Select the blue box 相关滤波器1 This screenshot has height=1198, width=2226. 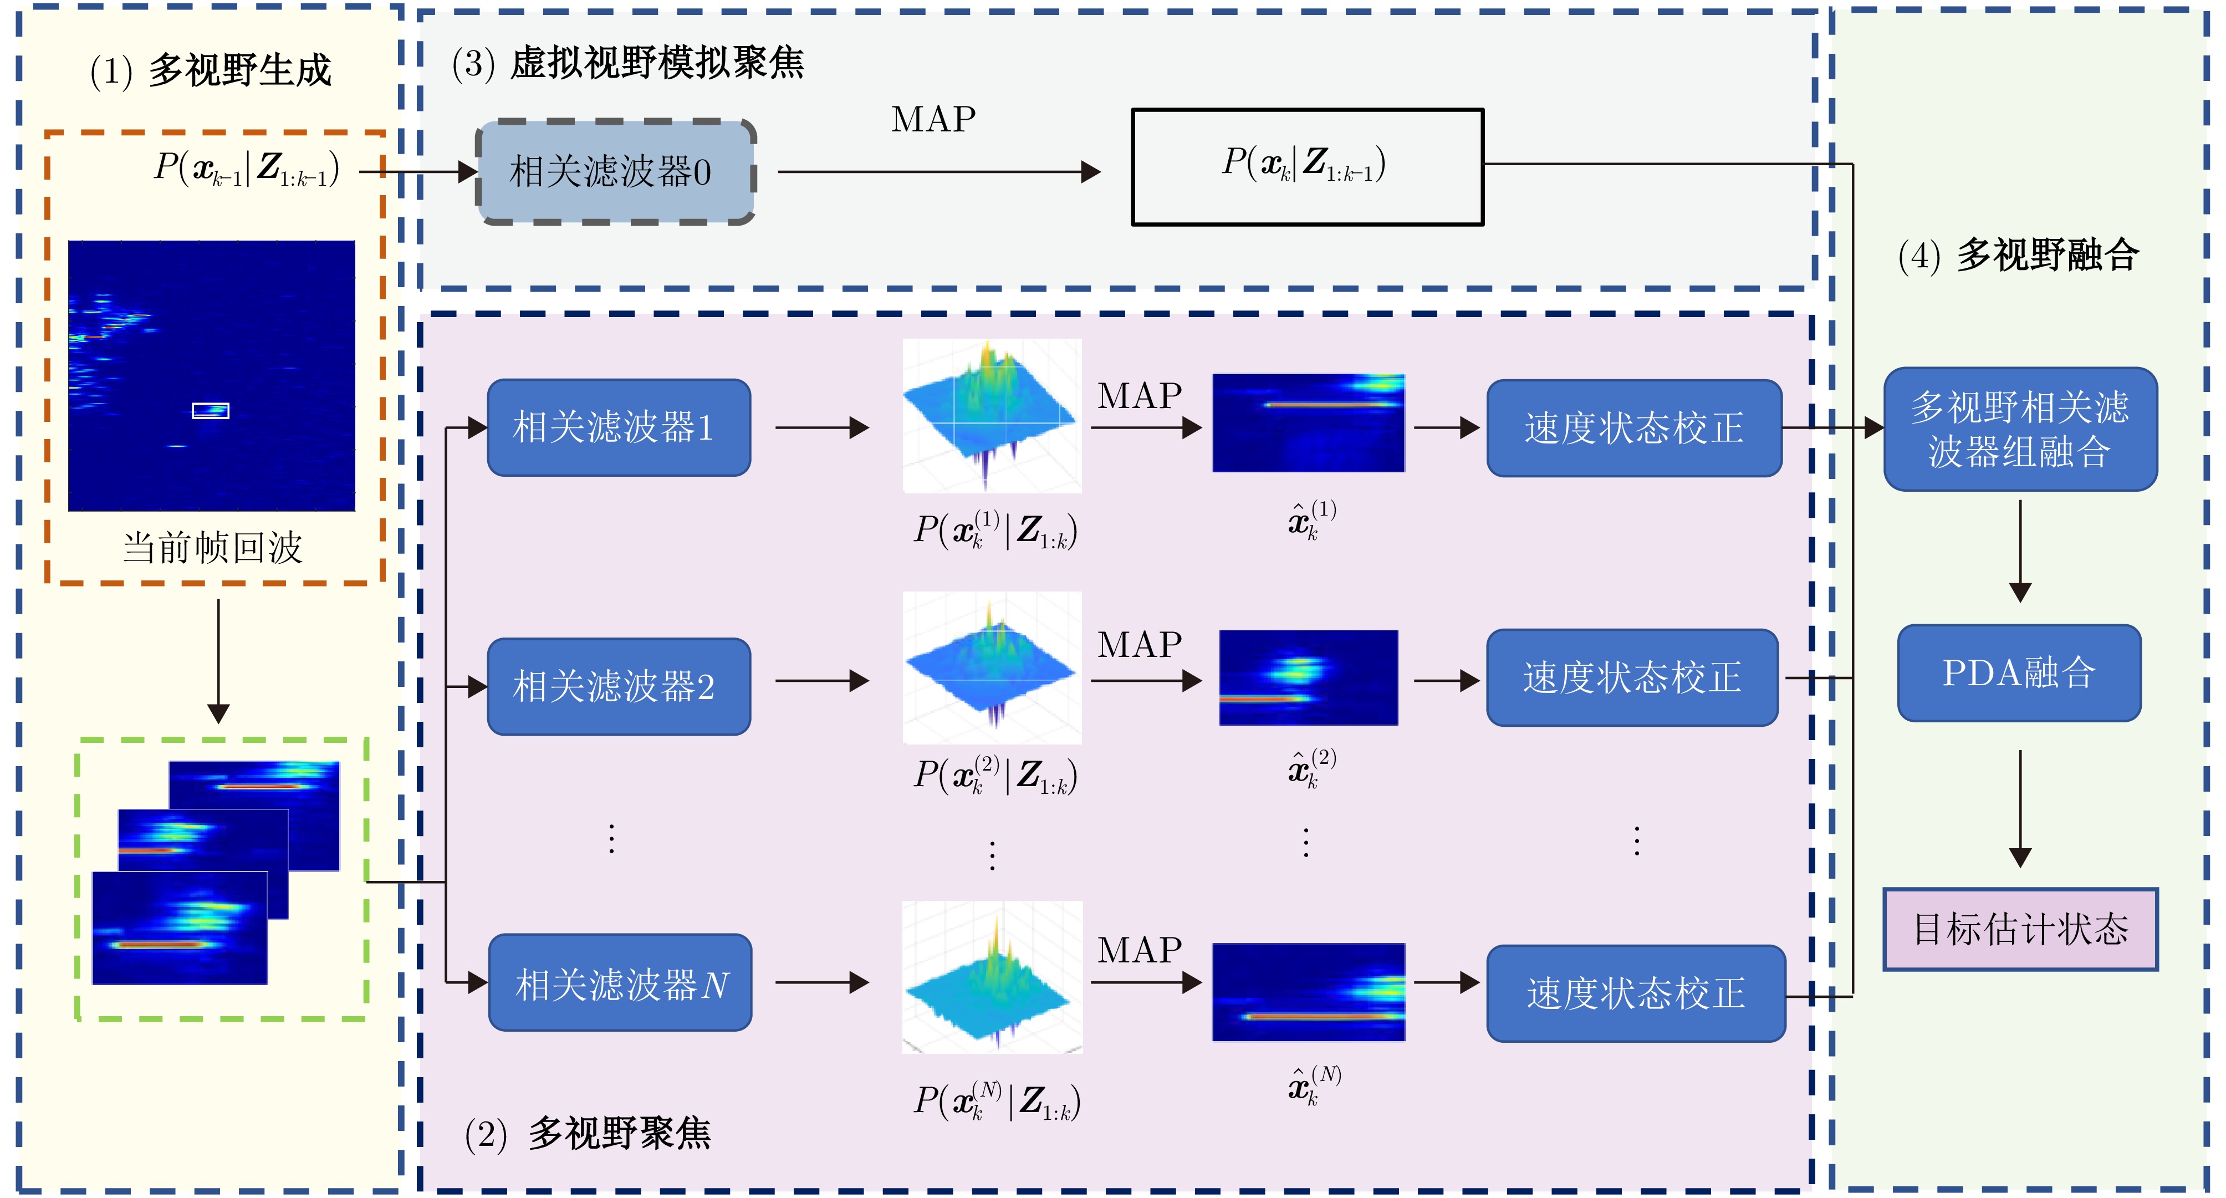click(619, 427)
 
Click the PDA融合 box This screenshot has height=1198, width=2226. click(2019, 672)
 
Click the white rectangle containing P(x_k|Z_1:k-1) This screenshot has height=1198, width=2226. click(1306, 167)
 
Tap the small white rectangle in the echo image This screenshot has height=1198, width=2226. click(210, 411)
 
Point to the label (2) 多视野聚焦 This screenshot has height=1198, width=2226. click(588, 1133)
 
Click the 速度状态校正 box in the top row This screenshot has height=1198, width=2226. click(1633, 428)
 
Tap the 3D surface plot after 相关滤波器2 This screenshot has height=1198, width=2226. click(991, 667)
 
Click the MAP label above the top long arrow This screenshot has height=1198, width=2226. click(933, 119)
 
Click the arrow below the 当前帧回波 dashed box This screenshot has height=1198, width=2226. click(218, 661)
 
